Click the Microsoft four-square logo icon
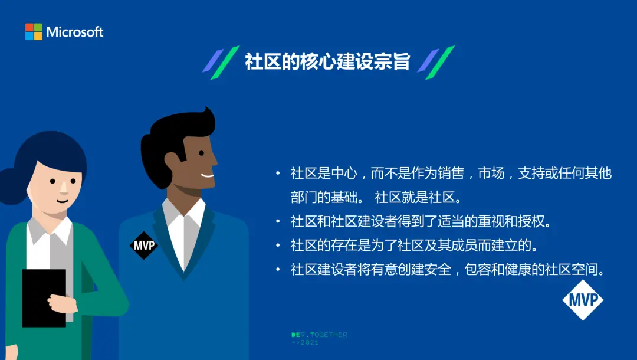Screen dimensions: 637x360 pos(33,32)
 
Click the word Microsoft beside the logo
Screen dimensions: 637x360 pos(75,32)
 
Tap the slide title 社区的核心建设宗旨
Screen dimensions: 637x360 pos(327,62)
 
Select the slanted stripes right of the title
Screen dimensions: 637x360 pos(436,62)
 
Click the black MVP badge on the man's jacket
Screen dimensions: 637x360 pos(144,246)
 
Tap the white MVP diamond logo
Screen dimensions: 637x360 pos(583,300)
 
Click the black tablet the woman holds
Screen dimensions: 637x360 pos(44,298)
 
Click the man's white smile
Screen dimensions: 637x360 pos(208,176)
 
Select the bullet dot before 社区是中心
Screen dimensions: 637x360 pos(278,174)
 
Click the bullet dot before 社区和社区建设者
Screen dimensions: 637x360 pos(278,221)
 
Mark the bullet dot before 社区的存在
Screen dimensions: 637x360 pos(278,246)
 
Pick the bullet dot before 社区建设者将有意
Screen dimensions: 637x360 pos(278,269)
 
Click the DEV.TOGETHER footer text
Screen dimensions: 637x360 pos(319,335)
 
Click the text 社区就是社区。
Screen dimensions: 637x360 pos(418,198)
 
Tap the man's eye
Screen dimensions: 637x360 pos(202,153)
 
